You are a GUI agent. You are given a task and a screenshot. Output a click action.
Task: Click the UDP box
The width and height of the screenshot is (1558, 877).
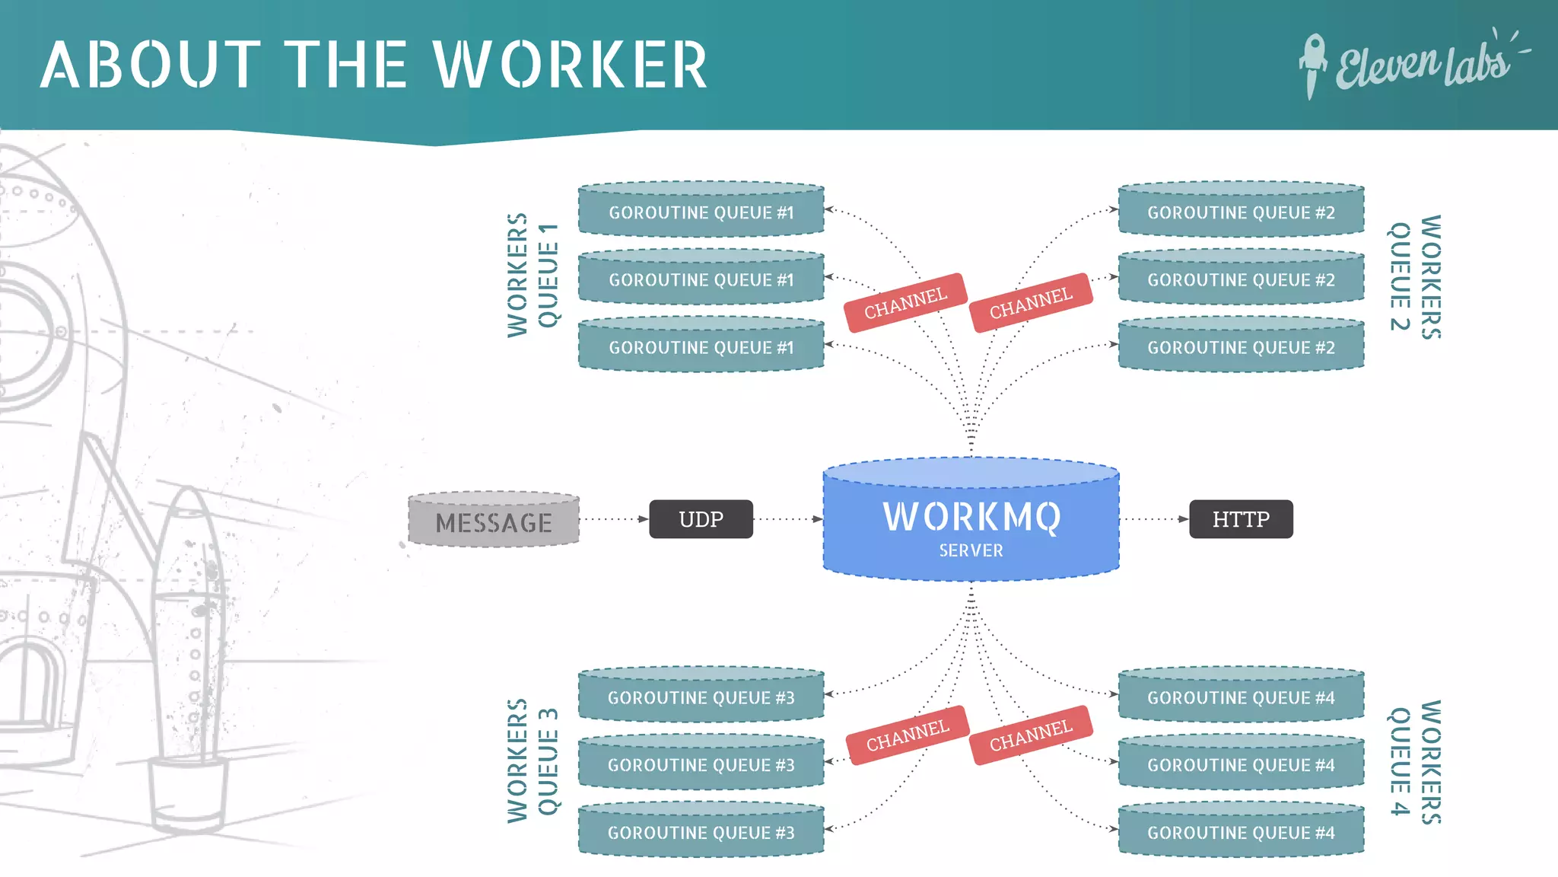click(x=701, y=519)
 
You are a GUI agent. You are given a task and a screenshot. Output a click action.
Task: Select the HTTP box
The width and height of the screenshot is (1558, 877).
click(x=1241, y=519)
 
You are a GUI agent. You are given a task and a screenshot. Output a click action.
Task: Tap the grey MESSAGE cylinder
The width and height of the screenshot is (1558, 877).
click(x=494, y=520)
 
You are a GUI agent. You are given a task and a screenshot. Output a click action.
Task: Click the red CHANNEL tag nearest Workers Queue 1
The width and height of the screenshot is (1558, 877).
click(x=905, y=303)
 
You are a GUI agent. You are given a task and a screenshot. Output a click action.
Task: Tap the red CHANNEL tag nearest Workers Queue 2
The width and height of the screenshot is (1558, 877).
click(x=1031, y=303)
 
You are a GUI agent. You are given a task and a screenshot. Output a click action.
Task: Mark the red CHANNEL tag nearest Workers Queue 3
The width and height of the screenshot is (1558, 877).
click(x=908, y=735)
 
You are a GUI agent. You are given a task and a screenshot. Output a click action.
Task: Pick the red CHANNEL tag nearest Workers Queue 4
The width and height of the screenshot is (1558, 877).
click(x=1031, y=735)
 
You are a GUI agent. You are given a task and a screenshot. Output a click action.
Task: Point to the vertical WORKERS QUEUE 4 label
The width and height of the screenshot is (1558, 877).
click(x=1415, y=761)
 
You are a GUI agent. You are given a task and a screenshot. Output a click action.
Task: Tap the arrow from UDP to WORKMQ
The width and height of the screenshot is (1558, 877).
click(x=788, y=519)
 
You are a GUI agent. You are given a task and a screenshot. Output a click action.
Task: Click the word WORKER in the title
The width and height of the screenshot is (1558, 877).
click(x=571, y=65)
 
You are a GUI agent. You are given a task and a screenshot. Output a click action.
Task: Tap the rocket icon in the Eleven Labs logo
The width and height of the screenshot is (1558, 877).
click(x=1312, y=65)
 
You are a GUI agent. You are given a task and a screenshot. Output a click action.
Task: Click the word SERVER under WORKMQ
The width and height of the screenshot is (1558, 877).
click(x=971, y=550)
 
